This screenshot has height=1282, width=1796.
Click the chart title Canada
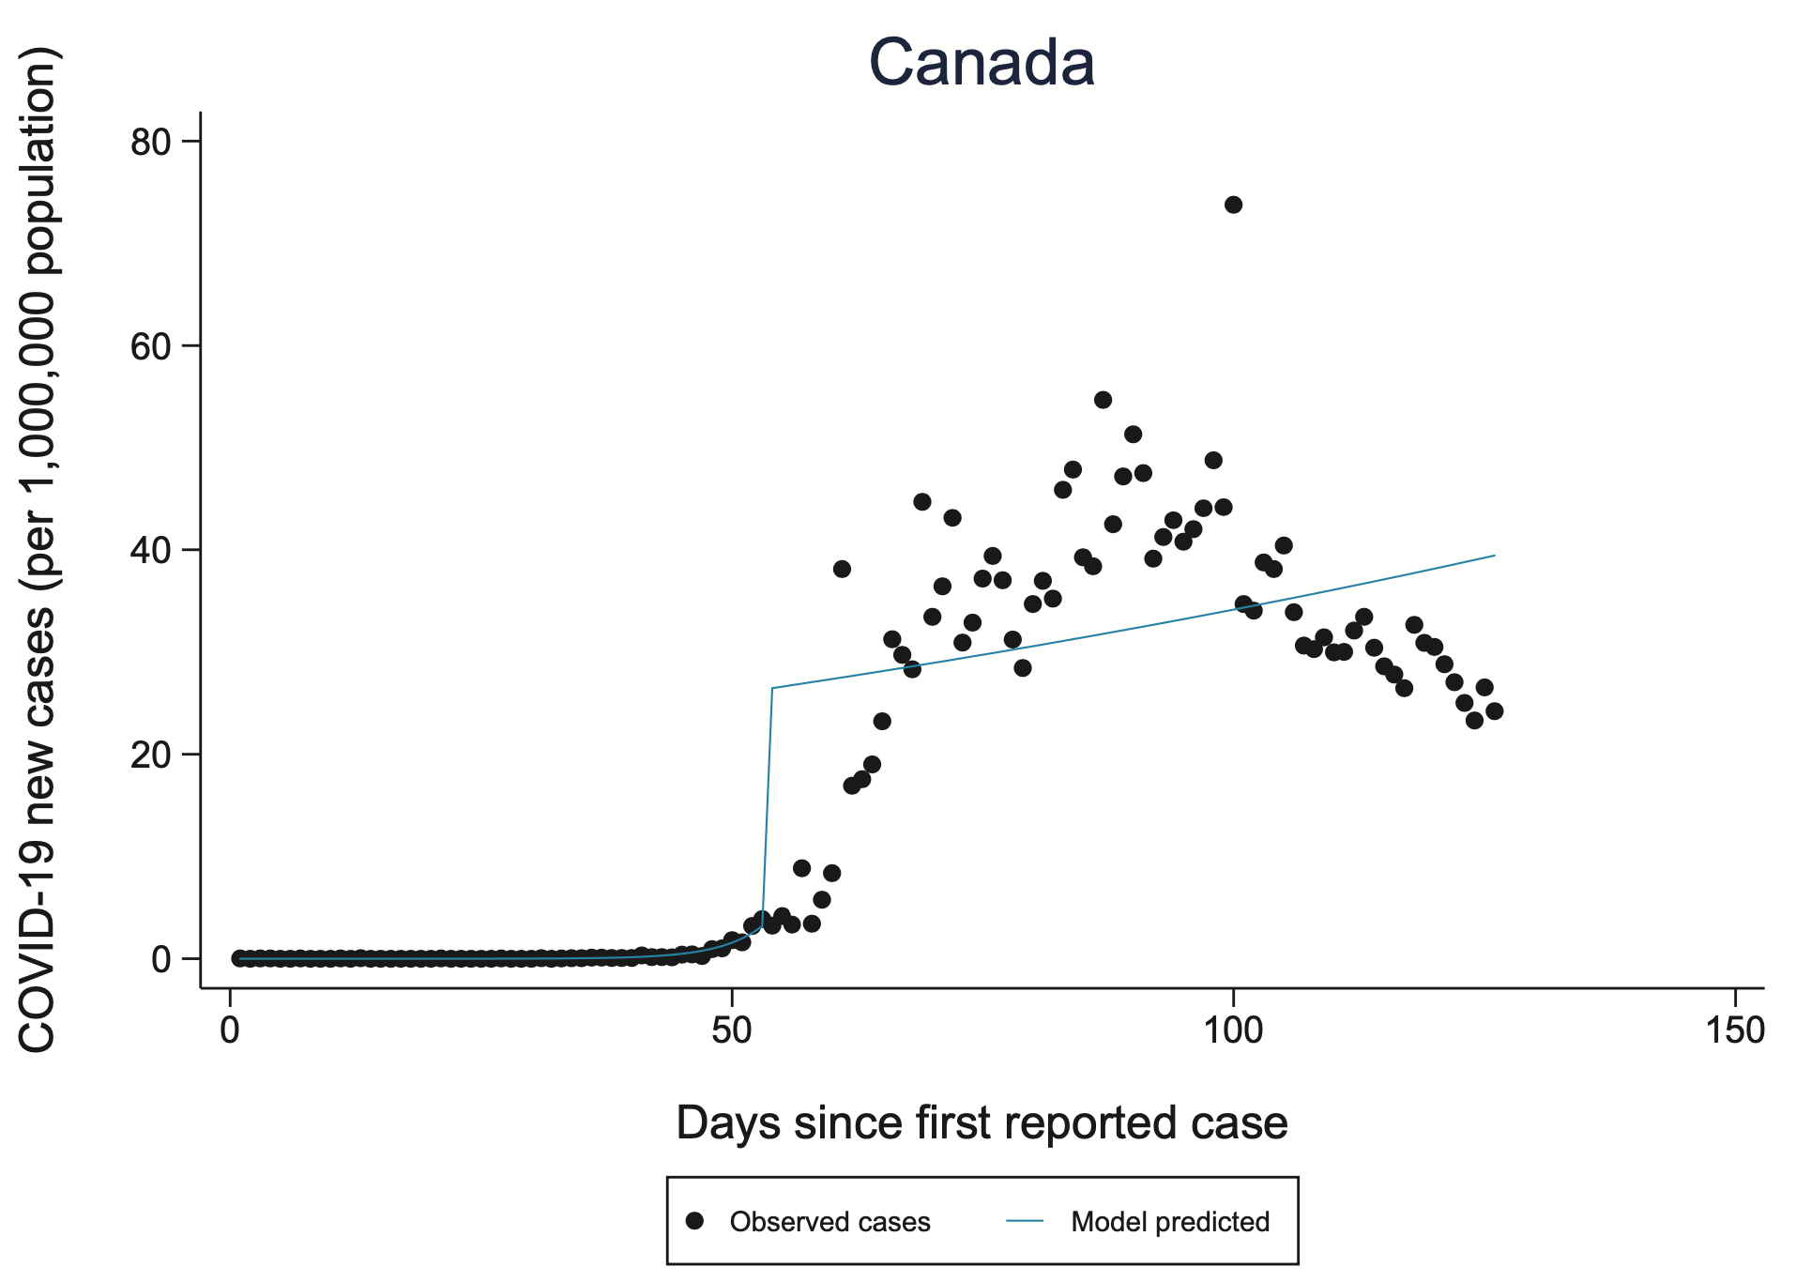[x=982, y=63]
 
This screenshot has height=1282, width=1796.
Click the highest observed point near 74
[x=1233, y=205]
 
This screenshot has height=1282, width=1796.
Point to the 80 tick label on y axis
[x=150, y=142]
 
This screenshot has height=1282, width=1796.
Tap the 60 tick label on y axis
[x=150, y=346]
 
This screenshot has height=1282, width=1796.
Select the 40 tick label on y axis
[x=150, y=550]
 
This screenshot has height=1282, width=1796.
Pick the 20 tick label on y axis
[x=150, y=755]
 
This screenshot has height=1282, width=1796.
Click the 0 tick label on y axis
[x=161, y=959]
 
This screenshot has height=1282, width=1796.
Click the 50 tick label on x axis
[x=731, y=1030]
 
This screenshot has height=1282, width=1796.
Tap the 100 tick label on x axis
[x=1232, y=1030]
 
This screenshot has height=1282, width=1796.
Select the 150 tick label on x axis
[x=1735, y=1030]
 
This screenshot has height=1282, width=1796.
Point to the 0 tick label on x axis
[x=230, y=1030]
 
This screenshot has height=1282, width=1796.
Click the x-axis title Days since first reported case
[x=982, y=1123]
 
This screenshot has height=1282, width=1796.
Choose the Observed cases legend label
[x=830, y=1222]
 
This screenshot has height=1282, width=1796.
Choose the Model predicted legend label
[x=1170, y=1222]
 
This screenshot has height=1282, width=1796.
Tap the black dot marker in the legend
[x=694, y=1221]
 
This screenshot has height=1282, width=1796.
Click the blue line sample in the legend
[x=1025, y=1221]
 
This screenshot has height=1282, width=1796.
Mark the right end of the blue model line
[x=1494, y=556]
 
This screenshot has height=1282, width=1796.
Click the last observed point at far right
[x=1494, y=711]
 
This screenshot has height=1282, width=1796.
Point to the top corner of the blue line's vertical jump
[x=772, y=688]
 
